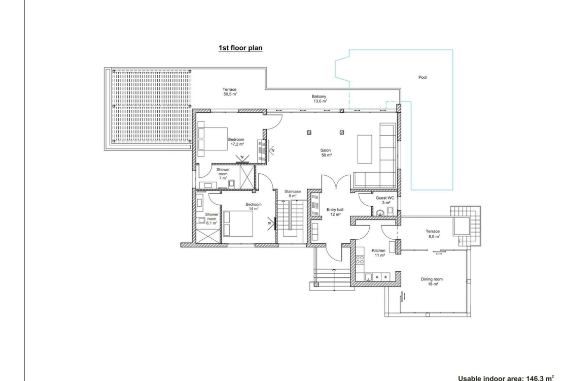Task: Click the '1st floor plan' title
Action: tap(240, 48)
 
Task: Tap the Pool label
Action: tap(423, 77)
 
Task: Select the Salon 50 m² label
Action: tap(326, 153)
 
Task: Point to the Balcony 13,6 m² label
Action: tap(319, 99)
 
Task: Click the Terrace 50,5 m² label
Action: tap(230, 92)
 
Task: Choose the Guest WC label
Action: tap(385, 198)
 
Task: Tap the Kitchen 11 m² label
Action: tap(379, 253)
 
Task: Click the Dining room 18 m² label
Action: tap(432, 281)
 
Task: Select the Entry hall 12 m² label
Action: tap(335, 212)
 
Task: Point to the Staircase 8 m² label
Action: tap(293, 194)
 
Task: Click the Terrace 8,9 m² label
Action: tap(433, 234)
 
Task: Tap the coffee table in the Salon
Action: tap(365, 149)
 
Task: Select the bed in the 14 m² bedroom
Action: tap(238, 224)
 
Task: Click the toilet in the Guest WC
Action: tap(380, 213)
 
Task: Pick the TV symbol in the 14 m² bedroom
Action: tap(272, 224)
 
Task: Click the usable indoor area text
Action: tap(506, 378)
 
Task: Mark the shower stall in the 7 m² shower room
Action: tap(247, 176)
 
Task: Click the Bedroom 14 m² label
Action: tap(254, 207)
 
